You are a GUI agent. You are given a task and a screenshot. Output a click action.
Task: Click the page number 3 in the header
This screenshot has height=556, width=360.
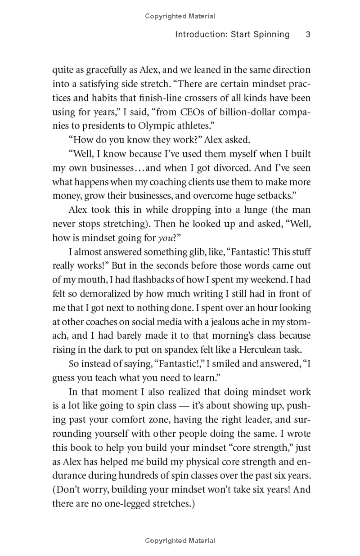click(308, 35)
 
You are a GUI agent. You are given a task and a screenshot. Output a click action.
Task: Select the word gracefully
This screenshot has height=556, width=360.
click(103, 70)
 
